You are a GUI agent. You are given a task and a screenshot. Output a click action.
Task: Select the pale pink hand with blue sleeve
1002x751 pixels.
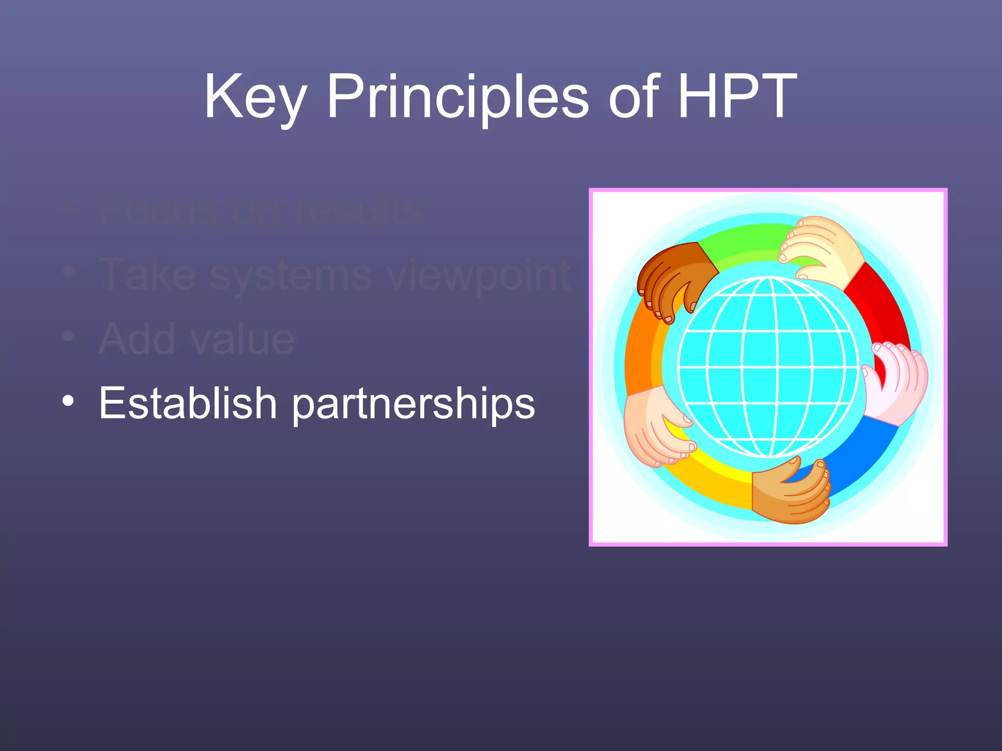[895, 381]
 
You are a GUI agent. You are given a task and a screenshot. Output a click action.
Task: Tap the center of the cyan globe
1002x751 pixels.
[768, 367]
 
